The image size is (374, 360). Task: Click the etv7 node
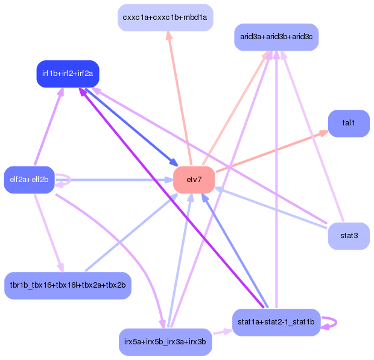pyautogui.click(x=194, y=180)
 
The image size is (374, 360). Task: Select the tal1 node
pyautogui.click(x=349, y=123)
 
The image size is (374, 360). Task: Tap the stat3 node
pyautogui.click(x=349, y=236)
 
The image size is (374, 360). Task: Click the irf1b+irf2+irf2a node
pyautogui.click(x=68, y=74)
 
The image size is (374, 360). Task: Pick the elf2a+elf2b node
pyautogui.click(x=29, y=179)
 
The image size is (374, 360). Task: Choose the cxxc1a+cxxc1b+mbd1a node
pyautogui.click(x=165, y=17)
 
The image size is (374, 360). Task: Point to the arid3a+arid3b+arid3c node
pyautogui.click(x=276, y=37)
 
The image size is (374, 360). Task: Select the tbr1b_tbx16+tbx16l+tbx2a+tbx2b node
pyautogui.click(x=68, y=285)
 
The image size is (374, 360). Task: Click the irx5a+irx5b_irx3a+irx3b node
pyautogui.click(x=165, y=342)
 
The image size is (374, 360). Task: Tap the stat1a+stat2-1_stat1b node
pyautogui.click(x=276, y=322)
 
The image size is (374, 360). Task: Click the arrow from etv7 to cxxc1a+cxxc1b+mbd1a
pyautogui.click(x=179, y=96)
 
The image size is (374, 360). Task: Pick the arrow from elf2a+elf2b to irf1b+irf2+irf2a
pyautogui.click(x=48, y=127)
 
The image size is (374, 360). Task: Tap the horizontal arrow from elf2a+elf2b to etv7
pyautogui.click(x=115, y=180)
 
